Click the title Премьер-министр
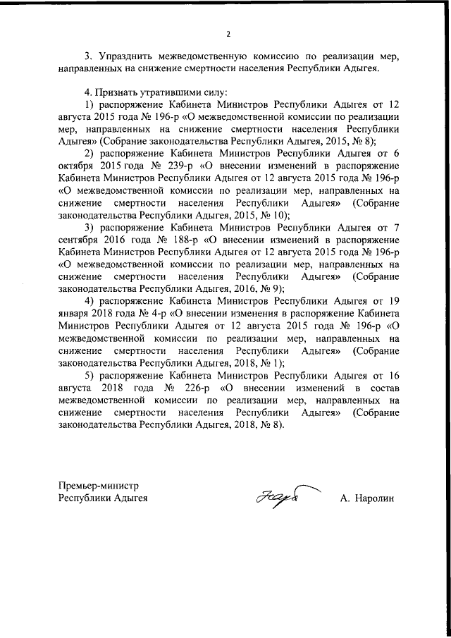click(99, 485)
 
